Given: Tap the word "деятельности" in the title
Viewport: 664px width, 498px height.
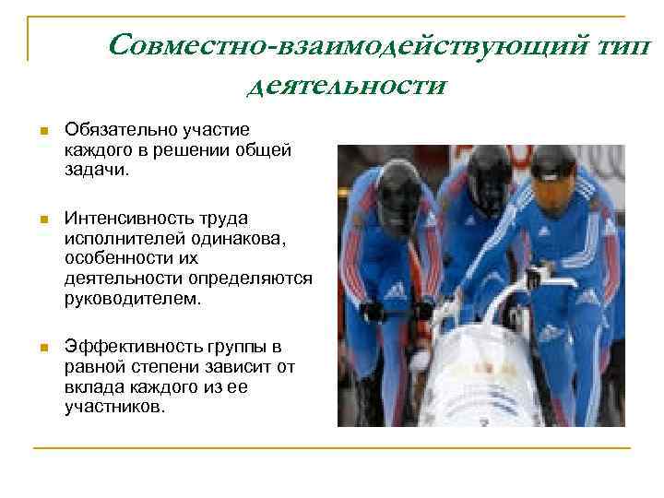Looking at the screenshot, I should click(x=346, y=86).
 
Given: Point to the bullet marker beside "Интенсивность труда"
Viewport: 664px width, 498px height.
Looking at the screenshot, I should click(x=41, y=219).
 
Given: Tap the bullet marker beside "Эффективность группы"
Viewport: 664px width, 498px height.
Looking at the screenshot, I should click(x=41, y=348).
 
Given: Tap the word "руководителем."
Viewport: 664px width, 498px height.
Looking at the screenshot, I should click(x=130, y=300).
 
